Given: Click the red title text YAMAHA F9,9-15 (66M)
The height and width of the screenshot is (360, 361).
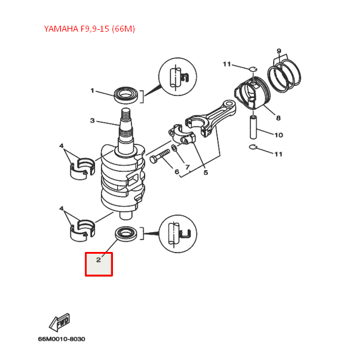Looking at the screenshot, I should (90, 29).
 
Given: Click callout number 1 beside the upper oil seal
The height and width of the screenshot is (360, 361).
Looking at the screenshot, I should (93, 91).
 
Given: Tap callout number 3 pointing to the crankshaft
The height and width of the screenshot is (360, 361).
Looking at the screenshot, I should (93, 121).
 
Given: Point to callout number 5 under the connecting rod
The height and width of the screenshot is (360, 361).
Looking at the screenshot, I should (206, 173).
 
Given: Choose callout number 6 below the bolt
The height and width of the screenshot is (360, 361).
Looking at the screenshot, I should (176, 172).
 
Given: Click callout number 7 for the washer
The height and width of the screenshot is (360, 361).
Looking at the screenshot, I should (187, 167).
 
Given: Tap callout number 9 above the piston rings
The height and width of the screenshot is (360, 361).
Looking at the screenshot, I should (279, 51).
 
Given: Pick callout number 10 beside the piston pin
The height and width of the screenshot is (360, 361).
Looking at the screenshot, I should (279, 135).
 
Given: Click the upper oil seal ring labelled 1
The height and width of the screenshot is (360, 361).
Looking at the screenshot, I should (126, 94).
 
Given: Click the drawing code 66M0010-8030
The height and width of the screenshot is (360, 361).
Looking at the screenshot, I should (61, 339).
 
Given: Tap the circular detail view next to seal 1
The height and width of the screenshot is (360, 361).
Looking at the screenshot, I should (177, 76).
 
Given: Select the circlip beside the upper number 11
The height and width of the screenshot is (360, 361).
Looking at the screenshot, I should (253, 67).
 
